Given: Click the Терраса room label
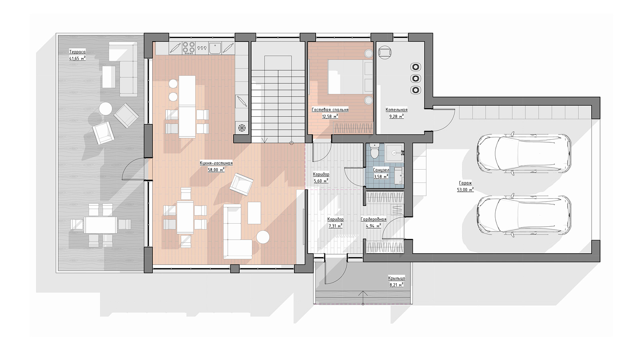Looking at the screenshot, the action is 78,52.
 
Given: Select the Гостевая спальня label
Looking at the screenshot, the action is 330,110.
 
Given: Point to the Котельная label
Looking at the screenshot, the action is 396,110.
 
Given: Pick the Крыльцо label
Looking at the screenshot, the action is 396,278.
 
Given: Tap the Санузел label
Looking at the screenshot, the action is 381,170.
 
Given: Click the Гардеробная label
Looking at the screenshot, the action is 374,219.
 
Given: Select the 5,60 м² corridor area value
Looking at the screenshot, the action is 321,180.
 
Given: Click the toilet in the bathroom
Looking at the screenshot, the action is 374,151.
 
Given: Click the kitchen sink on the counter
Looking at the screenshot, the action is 215,48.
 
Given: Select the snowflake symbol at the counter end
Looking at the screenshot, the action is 242,128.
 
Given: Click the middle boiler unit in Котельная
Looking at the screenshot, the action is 416,78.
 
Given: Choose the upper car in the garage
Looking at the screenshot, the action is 524,154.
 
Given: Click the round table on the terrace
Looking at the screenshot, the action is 106,109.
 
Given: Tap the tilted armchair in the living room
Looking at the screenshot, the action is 242,184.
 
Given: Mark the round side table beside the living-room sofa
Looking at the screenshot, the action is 263,237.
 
